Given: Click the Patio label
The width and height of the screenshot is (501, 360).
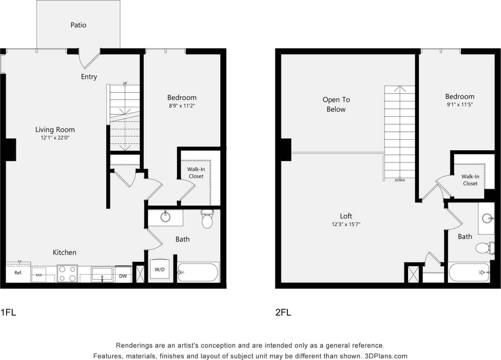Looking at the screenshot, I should pyautogui.click(x=78, y=25).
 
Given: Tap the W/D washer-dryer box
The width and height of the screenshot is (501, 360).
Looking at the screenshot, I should pyautogui.click(x=159, y=270).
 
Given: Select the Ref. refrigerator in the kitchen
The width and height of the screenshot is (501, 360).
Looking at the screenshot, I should pyautogui.click(x=18, y=273).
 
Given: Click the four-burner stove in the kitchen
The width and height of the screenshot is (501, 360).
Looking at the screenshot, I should pyautogui.click(x=67, y=273).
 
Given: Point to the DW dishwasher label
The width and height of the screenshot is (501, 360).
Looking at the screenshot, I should pyautogui.click(x=123, y=276).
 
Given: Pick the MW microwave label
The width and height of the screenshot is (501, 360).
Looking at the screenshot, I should pyautogui.click(x=38, y=275).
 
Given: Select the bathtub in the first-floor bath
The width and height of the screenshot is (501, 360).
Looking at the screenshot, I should pyautogui.click(x=198, y=272).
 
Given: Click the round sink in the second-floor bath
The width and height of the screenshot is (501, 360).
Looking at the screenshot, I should pyautogui.click(x=487, y=218).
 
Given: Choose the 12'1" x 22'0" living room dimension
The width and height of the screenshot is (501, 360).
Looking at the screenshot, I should pyautogui.click(x=55, y=138).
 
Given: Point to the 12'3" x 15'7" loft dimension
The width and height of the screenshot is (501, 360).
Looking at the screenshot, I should pyautogui.click(x=346, y=224).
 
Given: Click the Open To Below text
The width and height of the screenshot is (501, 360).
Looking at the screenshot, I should pyautogui.click(x=336, y=105).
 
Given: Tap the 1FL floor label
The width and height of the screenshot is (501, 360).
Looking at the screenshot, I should pyautogui.click(x=8, y=312).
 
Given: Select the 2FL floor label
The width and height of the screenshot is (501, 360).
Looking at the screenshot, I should pyautogui.click(x=283, y=312).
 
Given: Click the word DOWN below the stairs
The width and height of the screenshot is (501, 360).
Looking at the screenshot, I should pyautogui.click(x=400, y=180).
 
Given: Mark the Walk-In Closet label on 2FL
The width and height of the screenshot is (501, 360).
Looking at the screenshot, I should pyautogui.click(x=470, y=180).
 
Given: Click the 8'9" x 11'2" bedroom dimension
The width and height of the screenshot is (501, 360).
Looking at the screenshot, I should pyautogui.click(x=182, y=106).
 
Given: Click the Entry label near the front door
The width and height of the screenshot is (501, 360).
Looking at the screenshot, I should pyautogui.click(x=89, y=77).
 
